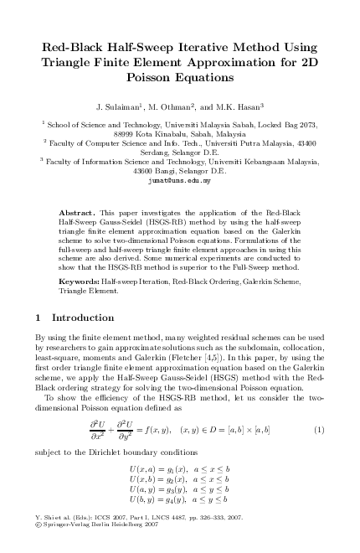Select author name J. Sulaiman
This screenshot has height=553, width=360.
pyautogui.click(x=121, y=107)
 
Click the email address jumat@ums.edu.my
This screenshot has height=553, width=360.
pyautogui.click(x=180, y=181)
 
